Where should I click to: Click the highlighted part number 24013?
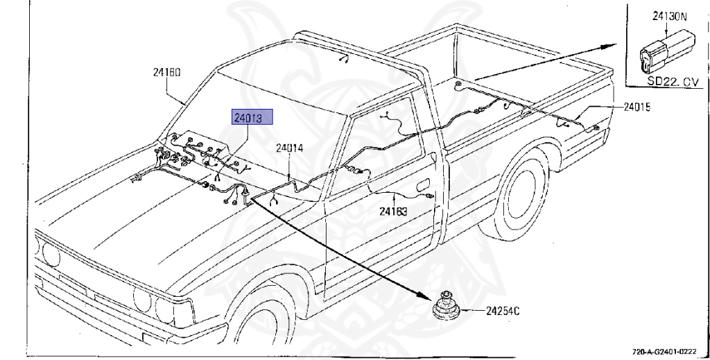click(x=252, y=117)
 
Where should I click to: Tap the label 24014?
click(x=290, y=148)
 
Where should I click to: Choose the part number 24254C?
click(x=503, y=311)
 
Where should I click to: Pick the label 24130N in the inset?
click(x=668, y=15)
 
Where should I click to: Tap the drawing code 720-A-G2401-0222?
click(x=668, y=352)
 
